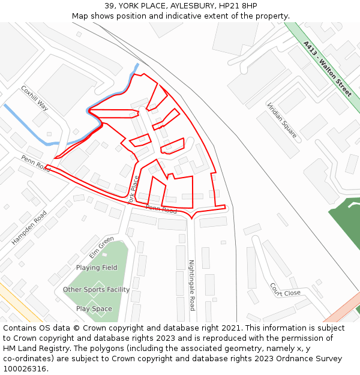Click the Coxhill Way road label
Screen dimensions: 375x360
point(34,98)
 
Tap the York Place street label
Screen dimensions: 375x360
point(134,190)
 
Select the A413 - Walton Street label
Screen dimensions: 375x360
point(327,68)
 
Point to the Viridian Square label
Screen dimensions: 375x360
point(282,120)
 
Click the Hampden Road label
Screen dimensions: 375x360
point(29,227)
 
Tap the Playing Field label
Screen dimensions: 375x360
point(97,268)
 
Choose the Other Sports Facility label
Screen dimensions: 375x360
point(96,290)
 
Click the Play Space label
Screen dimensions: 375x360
point(94,309)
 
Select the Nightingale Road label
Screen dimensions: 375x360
point(192,285)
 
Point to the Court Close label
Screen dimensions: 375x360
point(285,290)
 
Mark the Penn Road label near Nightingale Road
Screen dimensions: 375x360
point(161,209)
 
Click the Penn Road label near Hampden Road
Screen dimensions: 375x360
point(36,163)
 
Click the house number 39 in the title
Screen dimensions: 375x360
point(109,6)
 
